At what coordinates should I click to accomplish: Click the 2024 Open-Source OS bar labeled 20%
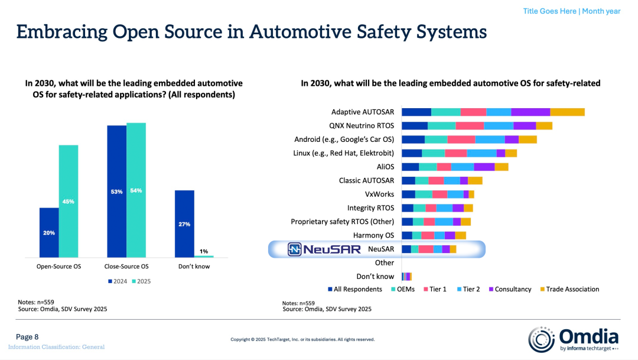[x=49, y=232]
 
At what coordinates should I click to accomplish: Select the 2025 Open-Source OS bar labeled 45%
[x=68, y=201]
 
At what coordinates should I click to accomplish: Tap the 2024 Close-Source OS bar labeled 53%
[x=116, y=191]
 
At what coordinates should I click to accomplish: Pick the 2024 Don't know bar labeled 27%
[x=185, y=223]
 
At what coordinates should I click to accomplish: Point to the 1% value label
[x=204, y=251]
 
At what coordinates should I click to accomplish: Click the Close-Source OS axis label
[x=126, y=267]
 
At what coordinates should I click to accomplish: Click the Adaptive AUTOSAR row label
[x=363, y=112]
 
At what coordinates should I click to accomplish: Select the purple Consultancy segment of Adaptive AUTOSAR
[x=530, y=112]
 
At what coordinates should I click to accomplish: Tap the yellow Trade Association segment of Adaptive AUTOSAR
[x=567, y=112]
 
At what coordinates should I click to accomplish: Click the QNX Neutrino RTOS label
[x=362, y=125]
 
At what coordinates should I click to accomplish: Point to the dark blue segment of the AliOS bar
[x=410, y=167]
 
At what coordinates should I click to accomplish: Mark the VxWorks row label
[x=379, y=194]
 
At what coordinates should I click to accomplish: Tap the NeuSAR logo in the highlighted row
[x=324, y=249]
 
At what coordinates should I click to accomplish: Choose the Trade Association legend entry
[x=568, y=289]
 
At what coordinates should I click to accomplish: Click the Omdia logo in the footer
[x=573, y=339]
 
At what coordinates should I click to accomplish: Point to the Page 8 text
[x=27, y=337]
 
